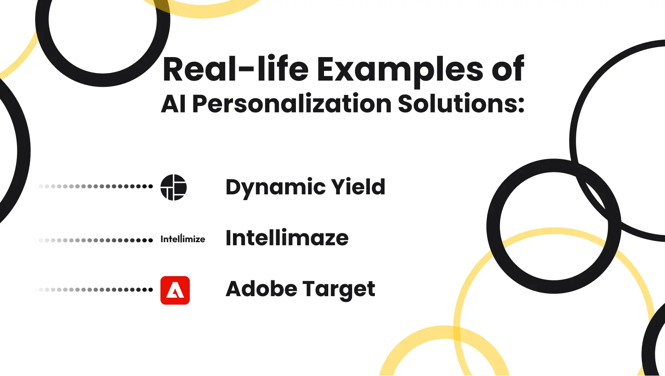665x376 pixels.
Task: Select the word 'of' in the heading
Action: [x=508, y=69]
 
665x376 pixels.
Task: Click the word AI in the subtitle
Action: [x=173, y=104]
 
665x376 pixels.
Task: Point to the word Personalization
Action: [x=292, y=104]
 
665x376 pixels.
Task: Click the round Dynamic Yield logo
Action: [x=174, y=187]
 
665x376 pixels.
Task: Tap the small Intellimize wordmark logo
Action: [x=183, y=239]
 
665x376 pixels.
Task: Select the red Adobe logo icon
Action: [x=175, y=290]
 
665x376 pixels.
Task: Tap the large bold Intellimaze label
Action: [x=287, y=238]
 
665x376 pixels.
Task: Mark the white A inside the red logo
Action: [x=175, y=291]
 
